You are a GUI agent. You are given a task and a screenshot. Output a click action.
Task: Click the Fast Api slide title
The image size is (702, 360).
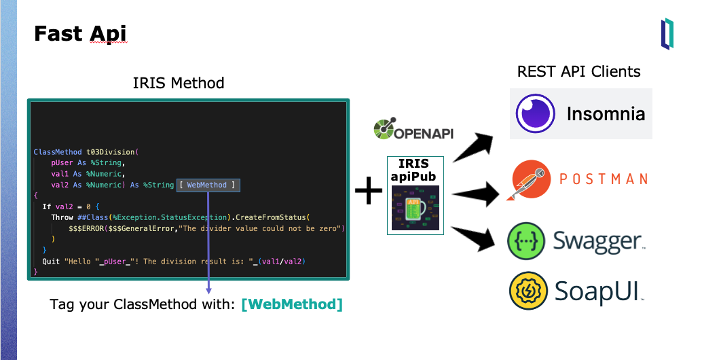click(80, 33)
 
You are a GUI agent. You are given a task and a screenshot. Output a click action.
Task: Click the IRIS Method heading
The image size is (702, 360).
click(179, 84)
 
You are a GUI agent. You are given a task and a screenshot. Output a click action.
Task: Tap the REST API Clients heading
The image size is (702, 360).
click(578, 71)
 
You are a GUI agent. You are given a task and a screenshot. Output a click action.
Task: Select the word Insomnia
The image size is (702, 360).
click(606, 113)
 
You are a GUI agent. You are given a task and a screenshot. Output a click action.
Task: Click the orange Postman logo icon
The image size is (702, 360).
click(530, 180)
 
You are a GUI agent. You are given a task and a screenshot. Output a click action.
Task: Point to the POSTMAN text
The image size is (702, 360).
click(603, 179)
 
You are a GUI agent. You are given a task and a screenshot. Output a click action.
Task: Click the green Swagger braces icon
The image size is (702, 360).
click(527, 240)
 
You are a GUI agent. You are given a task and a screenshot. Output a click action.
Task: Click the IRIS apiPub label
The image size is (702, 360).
click(415, 170)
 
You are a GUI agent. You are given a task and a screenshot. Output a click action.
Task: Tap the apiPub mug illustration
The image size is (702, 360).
click(415, 209)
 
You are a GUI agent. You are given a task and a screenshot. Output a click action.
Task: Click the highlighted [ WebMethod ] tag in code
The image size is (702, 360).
click(208, 185)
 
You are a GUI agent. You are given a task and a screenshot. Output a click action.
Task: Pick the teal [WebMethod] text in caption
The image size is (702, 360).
click(292, 304)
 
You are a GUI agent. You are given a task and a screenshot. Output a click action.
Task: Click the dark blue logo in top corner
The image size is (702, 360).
click(667, 34)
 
